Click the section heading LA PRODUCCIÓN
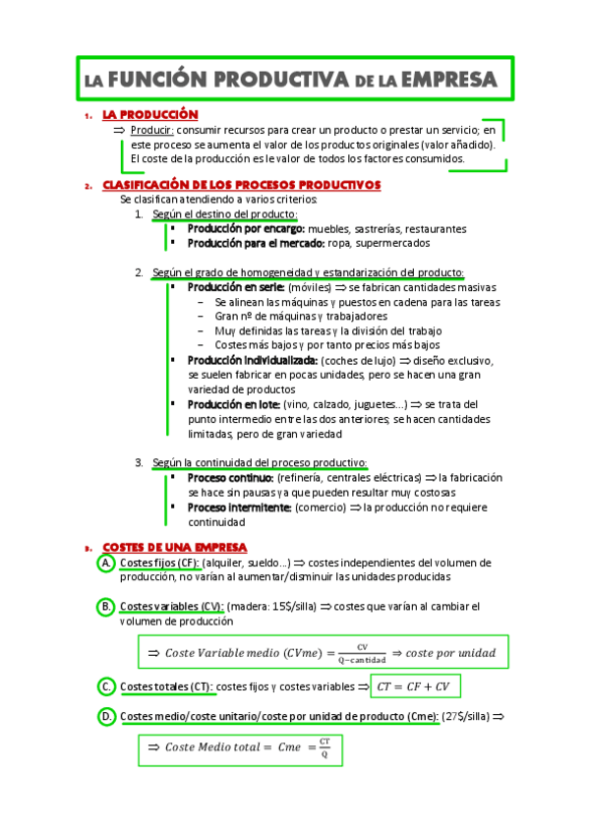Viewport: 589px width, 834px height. tap(150, 116)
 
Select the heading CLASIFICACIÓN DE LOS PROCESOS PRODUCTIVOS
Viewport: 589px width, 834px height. tap(241, 185)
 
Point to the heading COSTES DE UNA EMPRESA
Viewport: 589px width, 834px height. tap(175, 547)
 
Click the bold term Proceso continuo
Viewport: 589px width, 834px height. tap(232, 477)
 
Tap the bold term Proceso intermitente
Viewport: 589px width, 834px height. tap(239, 507)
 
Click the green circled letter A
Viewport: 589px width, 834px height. tap(105, 563)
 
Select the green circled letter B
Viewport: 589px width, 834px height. tap(105, 607)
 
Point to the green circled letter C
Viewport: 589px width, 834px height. tap(105, 685)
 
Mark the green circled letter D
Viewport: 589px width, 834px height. tap(105, 717)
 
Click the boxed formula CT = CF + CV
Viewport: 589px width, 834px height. tap(414, 685)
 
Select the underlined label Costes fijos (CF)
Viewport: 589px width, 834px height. tap(159, 563)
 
